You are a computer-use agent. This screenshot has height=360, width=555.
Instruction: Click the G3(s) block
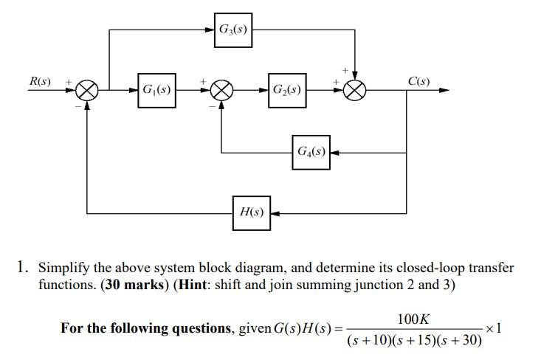233,30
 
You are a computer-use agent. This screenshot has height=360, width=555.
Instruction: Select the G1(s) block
156,90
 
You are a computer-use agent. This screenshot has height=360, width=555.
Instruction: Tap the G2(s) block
286,90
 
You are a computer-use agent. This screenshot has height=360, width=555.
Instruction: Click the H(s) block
252,212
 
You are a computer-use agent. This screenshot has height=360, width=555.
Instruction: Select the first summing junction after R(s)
87,90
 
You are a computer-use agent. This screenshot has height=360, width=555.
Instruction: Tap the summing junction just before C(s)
356,90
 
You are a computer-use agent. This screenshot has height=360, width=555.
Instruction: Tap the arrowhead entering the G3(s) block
210,30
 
